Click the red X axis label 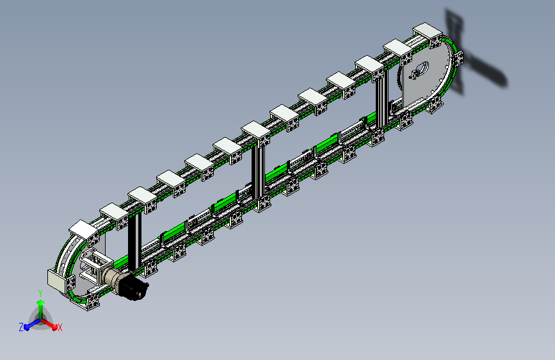pyautogui.click(x=60, y=328)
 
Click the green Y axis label pyautogui.click(x=40, y=293)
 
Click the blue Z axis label pyautogui.click(x=21, y=327)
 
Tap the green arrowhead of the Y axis pyautogui.click(x=41, y=302)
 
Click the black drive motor pyautogui.click(x=134, y=287)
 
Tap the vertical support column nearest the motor pyautogui.click(x=134, y=241)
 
